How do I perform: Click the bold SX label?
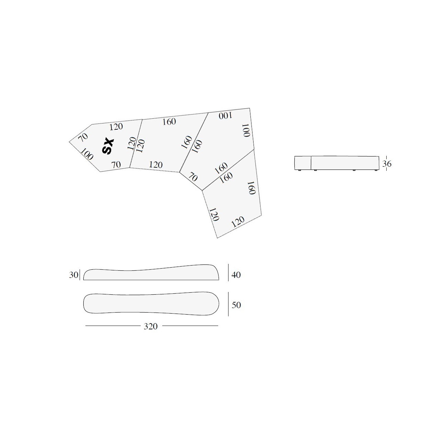(x=108, y=146)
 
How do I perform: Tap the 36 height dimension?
(x=387, y=164)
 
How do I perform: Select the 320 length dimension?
(x=151, y=326)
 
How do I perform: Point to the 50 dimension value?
(x=236, y=305)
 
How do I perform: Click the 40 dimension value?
(x=236, y=275)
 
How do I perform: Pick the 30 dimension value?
(x=74, y=275)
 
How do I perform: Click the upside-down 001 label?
(x=225, y=116)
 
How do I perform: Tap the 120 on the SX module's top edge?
(x=116, y=127)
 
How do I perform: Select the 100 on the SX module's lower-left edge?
(x=87, y=154)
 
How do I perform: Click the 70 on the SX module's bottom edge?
(x=116, y=165)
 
